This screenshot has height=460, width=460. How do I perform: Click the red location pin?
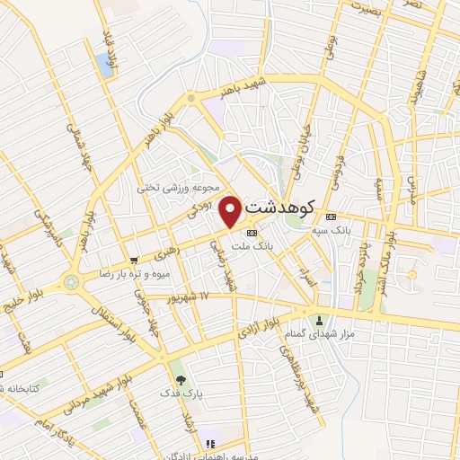(x=231, y=210)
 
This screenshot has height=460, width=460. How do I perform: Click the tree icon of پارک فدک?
(x=180, y=380)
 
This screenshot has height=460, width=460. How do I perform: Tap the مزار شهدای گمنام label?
(x=325, y=333)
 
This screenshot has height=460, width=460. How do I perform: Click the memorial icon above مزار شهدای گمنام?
(x=318, y=320)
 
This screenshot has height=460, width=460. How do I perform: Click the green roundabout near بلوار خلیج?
(x=72, y=281)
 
